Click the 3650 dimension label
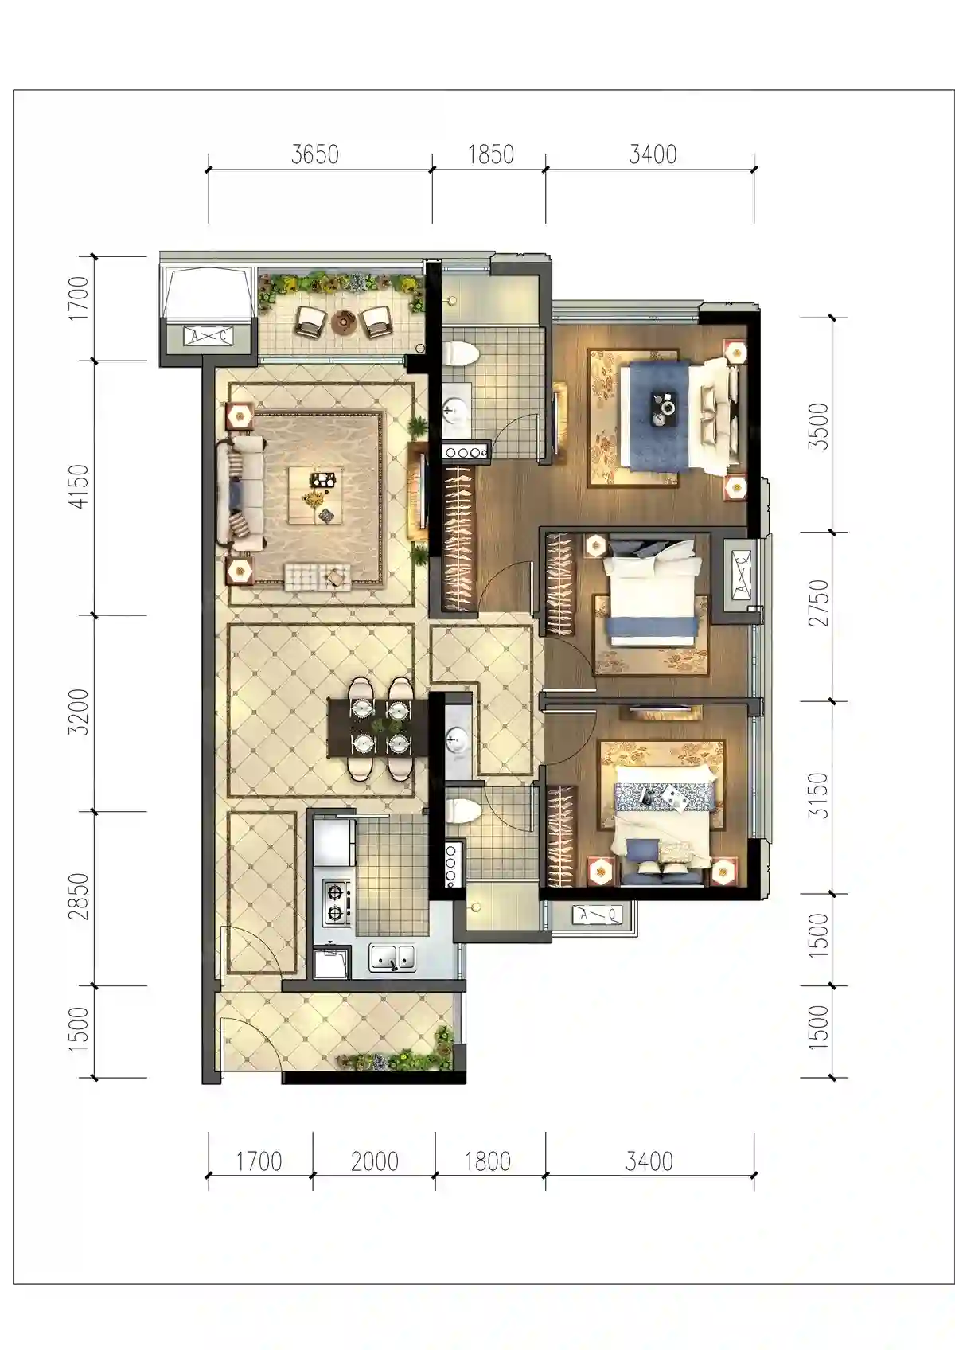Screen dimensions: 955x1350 click(315, 154)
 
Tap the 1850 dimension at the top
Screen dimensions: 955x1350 click(491, 154)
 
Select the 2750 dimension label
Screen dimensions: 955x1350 click(818, 603)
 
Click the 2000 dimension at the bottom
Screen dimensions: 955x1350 click(375, 1161)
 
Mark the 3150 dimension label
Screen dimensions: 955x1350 click(818, 795)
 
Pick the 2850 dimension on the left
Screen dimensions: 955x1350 click(79, 896)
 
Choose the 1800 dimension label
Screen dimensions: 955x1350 click(487, 1161)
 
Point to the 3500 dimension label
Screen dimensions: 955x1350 click(818, 426)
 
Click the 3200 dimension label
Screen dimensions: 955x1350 click(79, 712)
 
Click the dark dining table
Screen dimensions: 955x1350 click(377, 728)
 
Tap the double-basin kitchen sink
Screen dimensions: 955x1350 click(393, 958)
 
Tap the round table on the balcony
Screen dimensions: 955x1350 click(345, 322)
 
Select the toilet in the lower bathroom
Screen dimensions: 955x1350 click(463, 811)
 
